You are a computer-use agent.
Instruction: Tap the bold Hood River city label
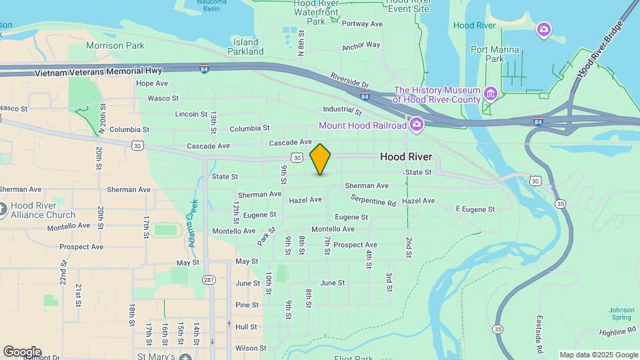(x=405, y=157)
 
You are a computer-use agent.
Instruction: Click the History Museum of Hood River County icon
(x=491, y=92)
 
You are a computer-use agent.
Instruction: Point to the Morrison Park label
(x=115, y=46)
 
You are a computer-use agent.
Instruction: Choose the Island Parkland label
(x=246, y=47)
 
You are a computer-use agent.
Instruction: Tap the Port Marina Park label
(x=497, y=54)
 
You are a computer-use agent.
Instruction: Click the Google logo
(x=22, y=351)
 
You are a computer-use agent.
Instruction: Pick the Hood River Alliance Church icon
(x=4, y=210)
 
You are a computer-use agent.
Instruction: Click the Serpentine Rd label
(x=373, y=199)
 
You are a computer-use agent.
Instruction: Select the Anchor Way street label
(x=361, y=46)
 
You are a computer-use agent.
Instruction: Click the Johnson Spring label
(x=621, y=313)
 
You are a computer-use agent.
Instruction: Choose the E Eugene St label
(x=475, y=209)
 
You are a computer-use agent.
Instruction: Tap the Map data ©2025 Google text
(x=599, y=355)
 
